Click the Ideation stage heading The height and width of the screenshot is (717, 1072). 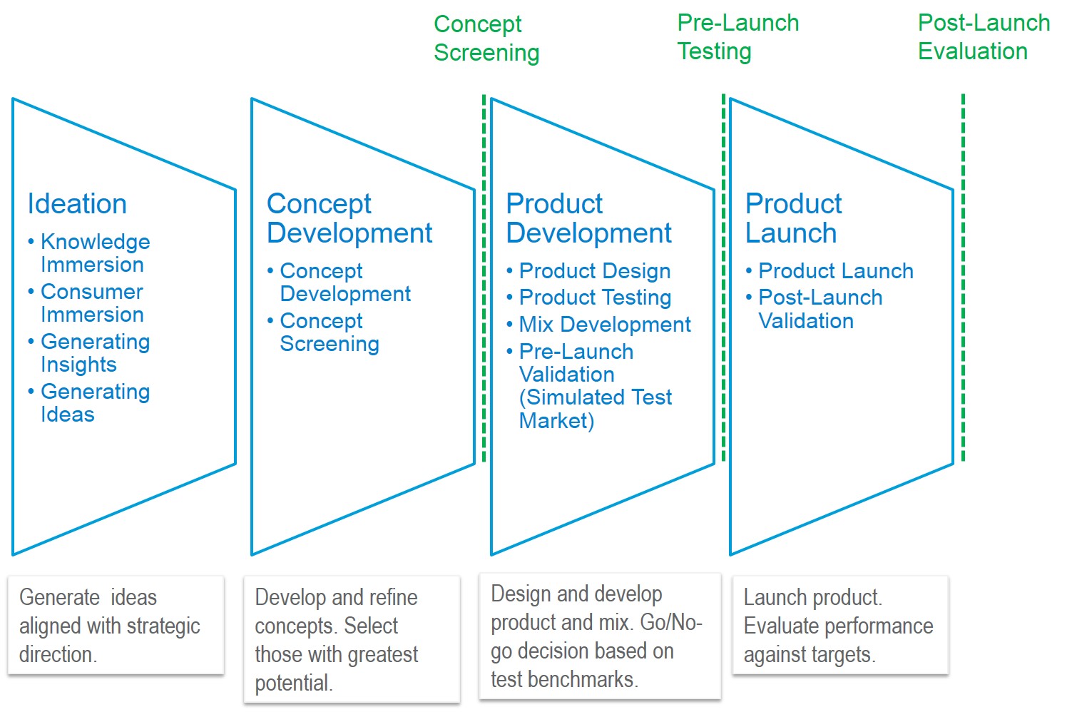click(77, 204)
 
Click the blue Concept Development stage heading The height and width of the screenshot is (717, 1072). click(349, 218)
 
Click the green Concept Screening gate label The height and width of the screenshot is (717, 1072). click(486, 39)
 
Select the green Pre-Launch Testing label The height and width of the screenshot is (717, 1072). click(738, 37)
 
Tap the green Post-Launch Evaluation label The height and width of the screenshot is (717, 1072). click(984, 37)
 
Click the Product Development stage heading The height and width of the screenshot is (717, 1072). click(588, 218)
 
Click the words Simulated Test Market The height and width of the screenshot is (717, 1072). click(596, 410)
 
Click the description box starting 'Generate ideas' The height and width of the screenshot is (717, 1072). click(116, 625)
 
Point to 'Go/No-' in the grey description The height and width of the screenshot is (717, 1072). click(671, 622)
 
